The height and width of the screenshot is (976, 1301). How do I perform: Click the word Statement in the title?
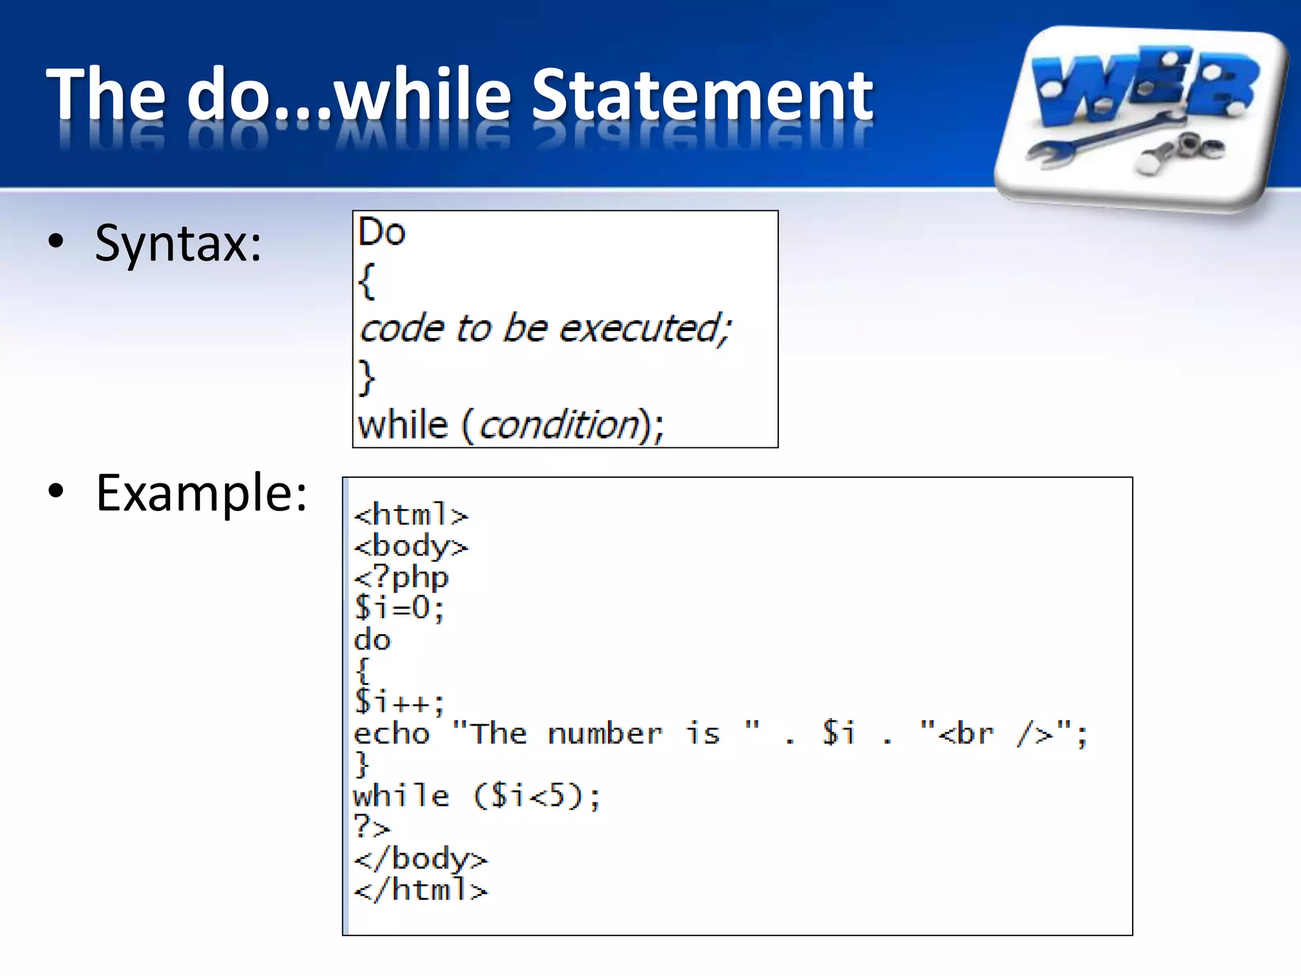(701, 95)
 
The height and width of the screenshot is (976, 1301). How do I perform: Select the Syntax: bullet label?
(178, 243)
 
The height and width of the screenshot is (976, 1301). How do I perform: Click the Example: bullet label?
(201, 493)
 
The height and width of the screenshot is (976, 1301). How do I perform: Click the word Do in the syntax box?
(381, 232)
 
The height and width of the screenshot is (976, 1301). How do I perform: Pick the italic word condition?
(559, 425)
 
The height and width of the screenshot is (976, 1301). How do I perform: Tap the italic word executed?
(644, 329)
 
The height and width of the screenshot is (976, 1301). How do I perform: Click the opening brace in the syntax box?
(367, 281)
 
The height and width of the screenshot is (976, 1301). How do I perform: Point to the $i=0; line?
(399, 608)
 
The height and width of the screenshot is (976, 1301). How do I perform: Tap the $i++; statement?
(399, 702)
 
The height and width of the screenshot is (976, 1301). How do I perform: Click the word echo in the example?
(392, 734)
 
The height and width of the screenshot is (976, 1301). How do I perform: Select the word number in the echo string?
(605, 734)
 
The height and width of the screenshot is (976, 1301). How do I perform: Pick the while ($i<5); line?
(476, 796)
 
